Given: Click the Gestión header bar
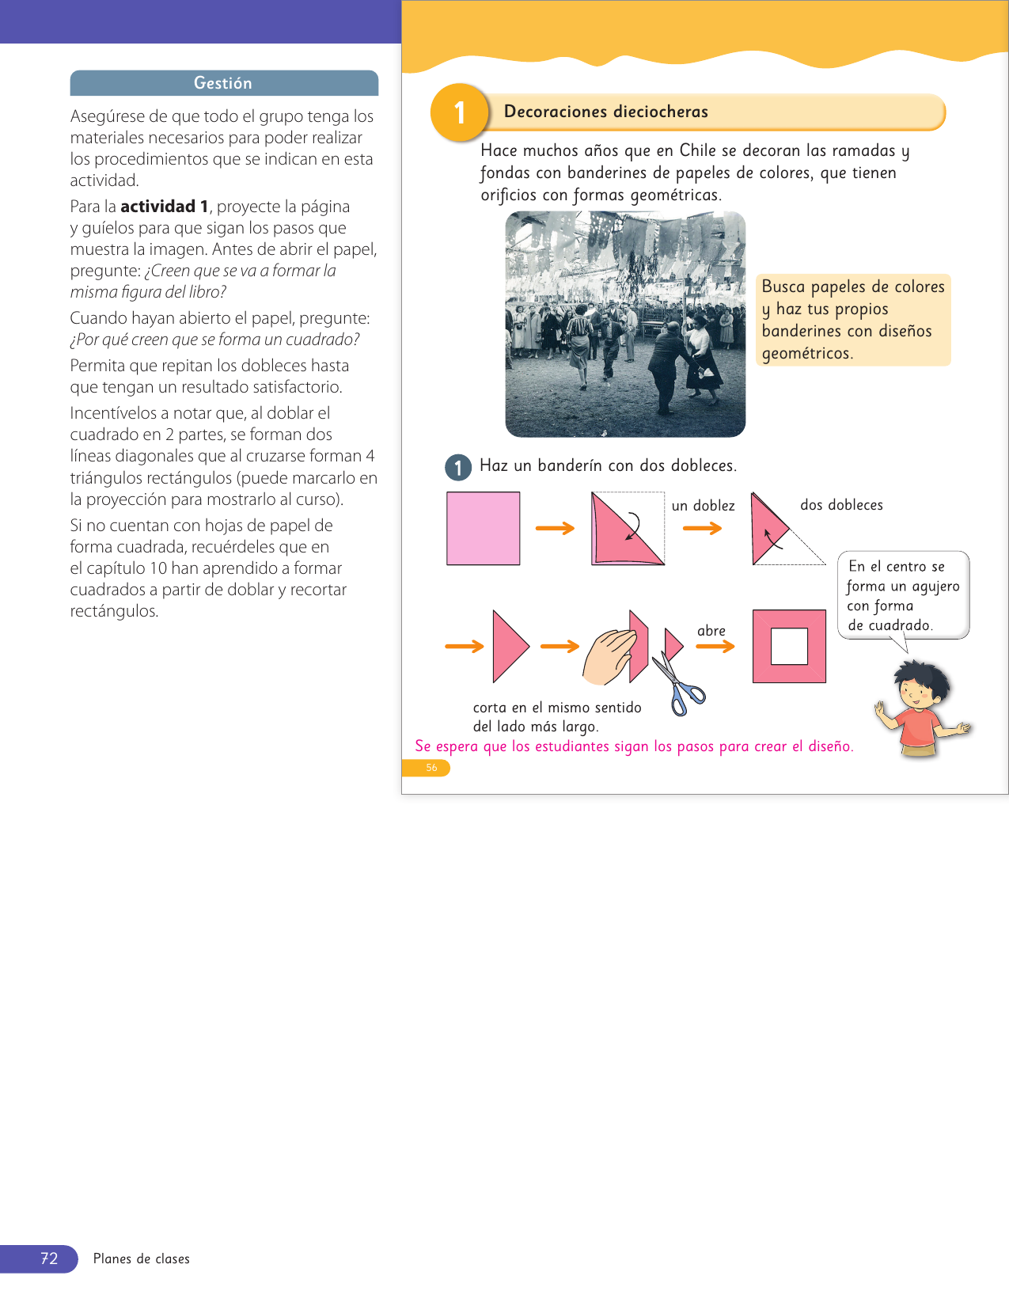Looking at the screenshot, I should tap(224, 83).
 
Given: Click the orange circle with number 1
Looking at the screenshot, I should tap(459, 112).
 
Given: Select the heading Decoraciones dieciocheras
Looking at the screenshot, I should tap(605, 112).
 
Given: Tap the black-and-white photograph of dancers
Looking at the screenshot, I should tap(625, 324).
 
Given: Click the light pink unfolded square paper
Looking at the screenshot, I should tap(483, 528).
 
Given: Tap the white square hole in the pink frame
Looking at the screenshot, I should tap(789, 646).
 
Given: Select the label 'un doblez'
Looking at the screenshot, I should tap(703, 506).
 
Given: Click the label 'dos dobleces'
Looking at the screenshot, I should tap(841, 505).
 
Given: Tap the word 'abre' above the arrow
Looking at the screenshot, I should tap(711, 631).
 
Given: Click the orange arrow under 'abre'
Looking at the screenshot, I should tap(715, 647).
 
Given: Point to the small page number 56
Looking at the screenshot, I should tap(431, 768).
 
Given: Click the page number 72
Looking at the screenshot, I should tap(49, 1259).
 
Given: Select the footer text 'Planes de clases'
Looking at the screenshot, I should tap(142, 1259).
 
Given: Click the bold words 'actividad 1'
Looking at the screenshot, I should tap(165, 207).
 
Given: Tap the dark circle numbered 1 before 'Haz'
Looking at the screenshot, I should tap(458, 467).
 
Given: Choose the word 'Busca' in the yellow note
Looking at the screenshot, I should tap(783, 287).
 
